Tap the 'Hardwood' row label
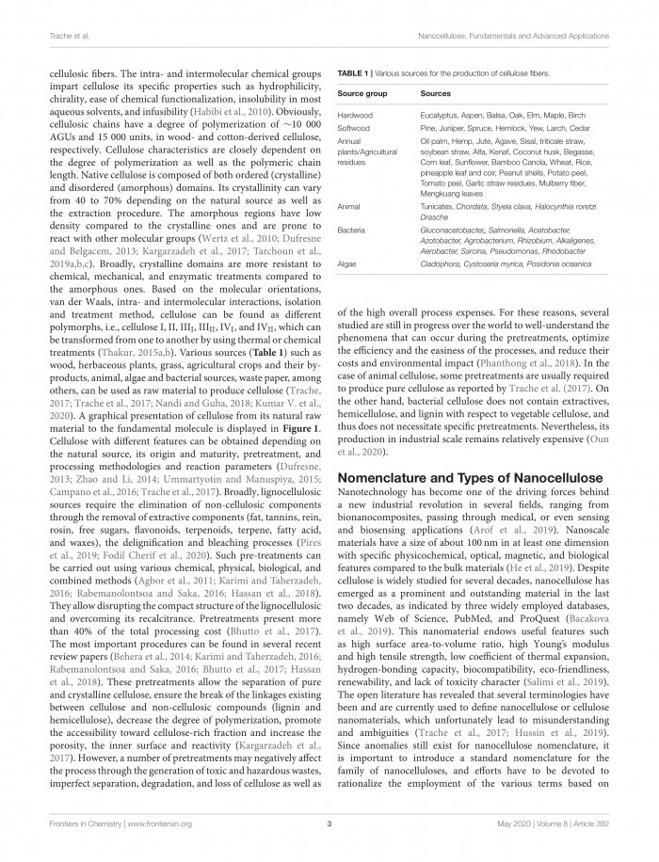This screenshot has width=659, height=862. [355, 115]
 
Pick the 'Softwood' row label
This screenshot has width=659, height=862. [354, 127]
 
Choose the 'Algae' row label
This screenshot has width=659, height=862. [347, 265]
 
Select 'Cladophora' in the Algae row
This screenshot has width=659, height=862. [442, 265]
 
